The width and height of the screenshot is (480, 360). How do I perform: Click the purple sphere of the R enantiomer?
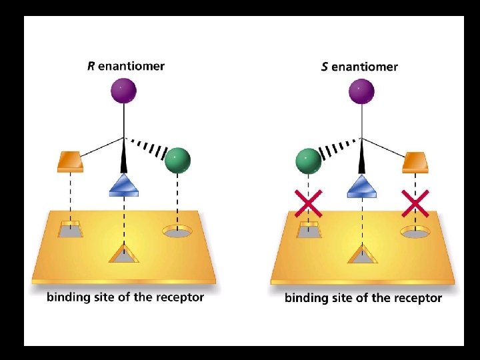tap(123, 90)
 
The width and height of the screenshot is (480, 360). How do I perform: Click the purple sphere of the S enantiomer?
tap(361, 91)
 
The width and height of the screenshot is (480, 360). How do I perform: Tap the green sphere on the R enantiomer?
tap(177, 160)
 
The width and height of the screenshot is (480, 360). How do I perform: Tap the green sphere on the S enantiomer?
tap(307, 161)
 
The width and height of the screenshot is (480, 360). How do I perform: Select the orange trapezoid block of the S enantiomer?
tap(415, 161)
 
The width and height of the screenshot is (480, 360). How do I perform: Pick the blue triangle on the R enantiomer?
tap(124, 185)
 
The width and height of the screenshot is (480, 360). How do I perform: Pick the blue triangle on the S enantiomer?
tap(362, 186)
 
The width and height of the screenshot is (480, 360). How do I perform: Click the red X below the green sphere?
tap(309, 203)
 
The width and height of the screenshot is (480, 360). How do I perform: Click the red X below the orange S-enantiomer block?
tap(415, 203)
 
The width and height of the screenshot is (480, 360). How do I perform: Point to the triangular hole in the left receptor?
tap(124, 254)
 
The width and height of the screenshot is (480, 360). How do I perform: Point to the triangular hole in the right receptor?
tap(362, 255)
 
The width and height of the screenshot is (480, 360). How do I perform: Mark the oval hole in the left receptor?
tap(177, 232)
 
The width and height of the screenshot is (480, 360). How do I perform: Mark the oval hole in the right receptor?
tap(415, 233)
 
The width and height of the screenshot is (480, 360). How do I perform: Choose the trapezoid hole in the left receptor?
tap(69, 230)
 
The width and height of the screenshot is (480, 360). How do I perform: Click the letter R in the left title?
tap(91, 66)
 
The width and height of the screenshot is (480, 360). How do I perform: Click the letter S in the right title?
tap(325, 67)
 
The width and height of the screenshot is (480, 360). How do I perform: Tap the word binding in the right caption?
tap(305, 298)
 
